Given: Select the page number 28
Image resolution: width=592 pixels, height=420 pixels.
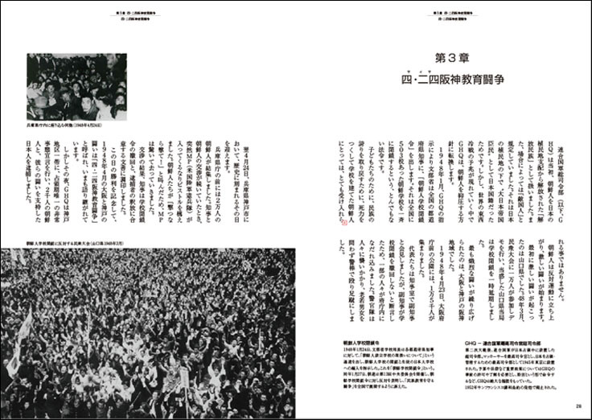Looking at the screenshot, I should pyautogui.click(x=578, y=406).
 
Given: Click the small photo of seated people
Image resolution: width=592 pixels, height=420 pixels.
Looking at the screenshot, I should pyautogui.click(x=76, y=88).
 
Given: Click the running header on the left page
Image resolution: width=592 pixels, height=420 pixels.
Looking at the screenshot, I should pyautogui.click(x=146, y=15).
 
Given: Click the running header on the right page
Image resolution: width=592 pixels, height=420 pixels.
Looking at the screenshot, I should pyautogui.click(x=445, y=15).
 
